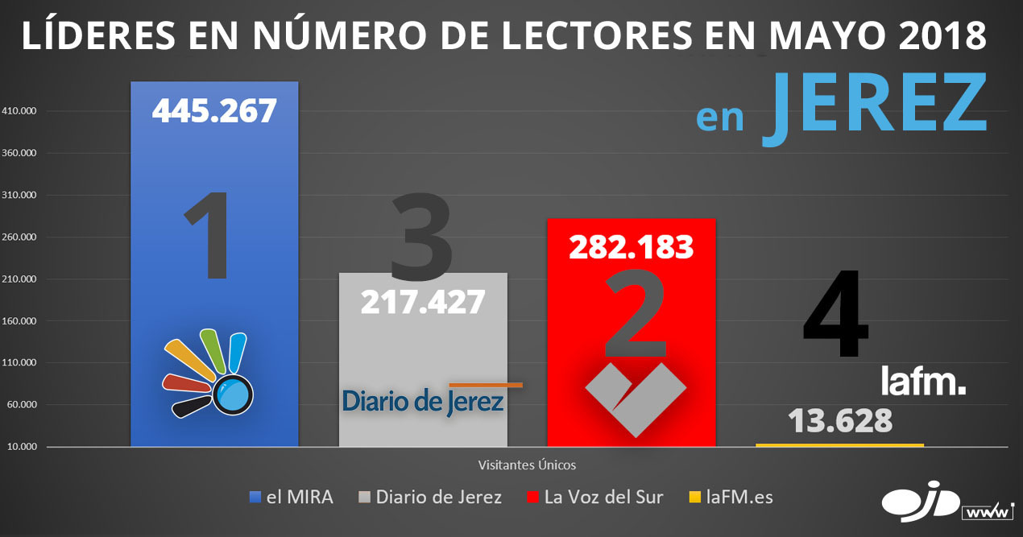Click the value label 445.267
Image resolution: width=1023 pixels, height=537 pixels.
tap(214, 110)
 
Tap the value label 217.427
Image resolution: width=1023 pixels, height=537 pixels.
tap(423, 302)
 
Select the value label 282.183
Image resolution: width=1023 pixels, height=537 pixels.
tap(631, 247)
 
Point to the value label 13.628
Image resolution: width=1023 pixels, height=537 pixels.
tap(839, 421)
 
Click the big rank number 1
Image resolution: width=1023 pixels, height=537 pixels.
tap(208, 238)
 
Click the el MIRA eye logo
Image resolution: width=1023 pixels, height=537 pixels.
tap(209, 373)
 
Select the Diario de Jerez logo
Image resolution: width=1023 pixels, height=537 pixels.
tap(424, 400)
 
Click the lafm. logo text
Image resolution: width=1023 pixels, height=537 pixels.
tap(922, 382)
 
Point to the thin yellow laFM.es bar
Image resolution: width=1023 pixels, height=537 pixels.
tap(839, 445)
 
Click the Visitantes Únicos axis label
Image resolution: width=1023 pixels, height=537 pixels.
tap(527, 465)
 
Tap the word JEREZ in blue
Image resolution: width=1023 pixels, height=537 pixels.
tap(874, 111)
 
